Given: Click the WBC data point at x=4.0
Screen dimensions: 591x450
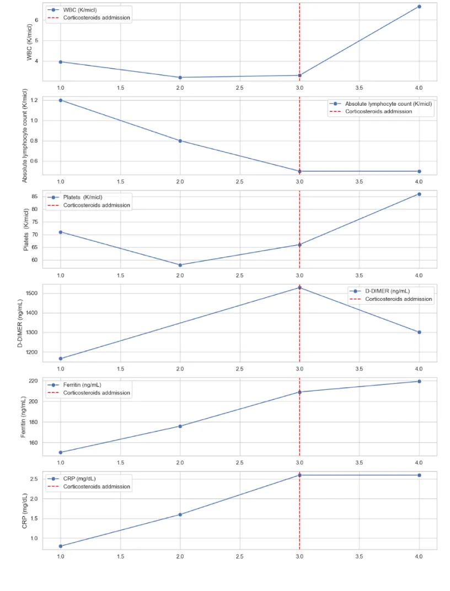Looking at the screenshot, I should click(419, 7).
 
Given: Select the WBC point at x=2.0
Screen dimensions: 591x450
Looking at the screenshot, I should click(180, 78).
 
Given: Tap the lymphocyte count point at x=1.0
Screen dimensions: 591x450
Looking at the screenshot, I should click(61, 100).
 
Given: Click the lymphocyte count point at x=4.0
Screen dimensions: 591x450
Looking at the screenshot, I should click(419, 171).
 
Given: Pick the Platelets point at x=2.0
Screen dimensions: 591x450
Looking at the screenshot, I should click(180, 265).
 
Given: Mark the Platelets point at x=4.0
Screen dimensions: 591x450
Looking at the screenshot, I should click(419, 194).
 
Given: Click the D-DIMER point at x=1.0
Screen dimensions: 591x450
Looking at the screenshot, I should click(61, 359).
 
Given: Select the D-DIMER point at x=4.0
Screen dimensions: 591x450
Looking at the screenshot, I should click(419, 332).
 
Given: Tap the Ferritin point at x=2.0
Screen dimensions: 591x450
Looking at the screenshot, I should click(180, 426).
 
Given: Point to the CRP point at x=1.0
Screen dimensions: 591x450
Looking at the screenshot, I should click(61, 546).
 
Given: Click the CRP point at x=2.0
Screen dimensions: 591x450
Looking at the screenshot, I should click(180, 514).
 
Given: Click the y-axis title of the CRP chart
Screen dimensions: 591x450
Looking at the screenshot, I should click(25, 511).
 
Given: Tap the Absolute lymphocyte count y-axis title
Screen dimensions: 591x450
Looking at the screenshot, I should click(25, 136).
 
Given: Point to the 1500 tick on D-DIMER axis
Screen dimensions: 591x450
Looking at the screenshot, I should click(31, 293).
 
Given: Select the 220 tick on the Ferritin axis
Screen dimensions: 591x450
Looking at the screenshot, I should click(33, 381).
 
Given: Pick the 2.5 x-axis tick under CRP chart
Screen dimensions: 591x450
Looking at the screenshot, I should click(240, 556).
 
